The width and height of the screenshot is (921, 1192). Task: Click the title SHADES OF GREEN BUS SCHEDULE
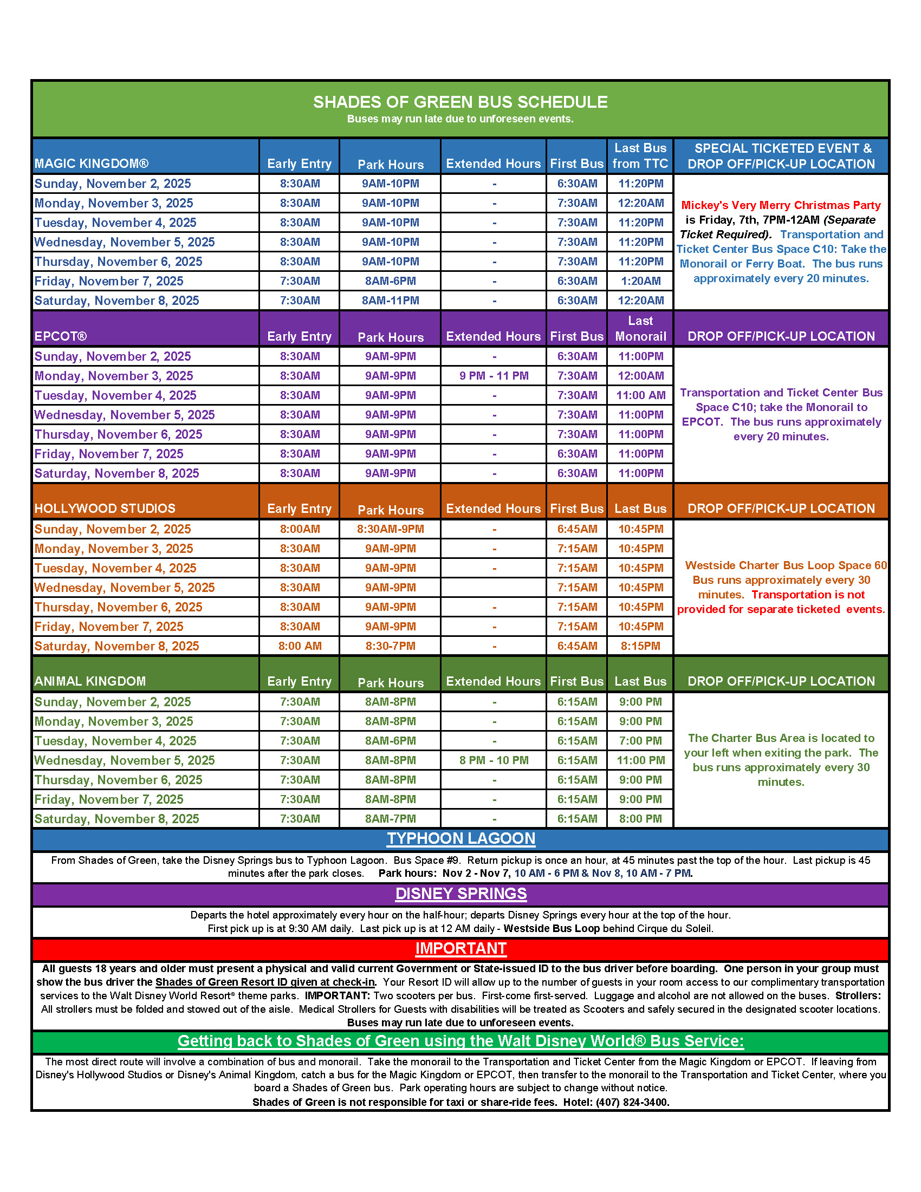click(x=459, y=102)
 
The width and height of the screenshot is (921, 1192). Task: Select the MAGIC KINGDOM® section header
click(x=91, y=164)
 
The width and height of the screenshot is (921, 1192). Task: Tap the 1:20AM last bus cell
click(x=640, y=281)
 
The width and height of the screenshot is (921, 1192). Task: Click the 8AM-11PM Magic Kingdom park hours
click(x=391, y=301)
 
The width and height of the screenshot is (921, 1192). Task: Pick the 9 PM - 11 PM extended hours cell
click(x=494, y=376)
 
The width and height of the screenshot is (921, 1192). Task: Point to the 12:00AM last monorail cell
click(x=640, y=376)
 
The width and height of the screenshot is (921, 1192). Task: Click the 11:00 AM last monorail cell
click(x=640, y=396)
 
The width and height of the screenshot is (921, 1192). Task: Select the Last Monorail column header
click(x=640, y=329)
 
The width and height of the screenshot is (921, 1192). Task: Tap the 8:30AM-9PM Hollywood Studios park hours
click(x=391, y=530)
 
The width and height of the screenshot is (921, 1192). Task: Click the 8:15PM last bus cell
click(x=640, y=646)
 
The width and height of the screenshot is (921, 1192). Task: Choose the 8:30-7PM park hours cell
click(x=391, y=646)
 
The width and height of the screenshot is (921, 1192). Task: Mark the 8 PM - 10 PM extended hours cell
click(x=494, y=760)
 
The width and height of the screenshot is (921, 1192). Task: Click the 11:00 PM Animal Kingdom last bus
click(x=640, y=760)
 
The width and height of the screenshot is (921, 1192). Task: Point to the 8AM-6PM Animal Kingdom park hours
click(x=391, y=741)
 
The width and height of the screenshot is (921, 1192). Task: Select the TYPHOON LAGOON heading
click(x=461, y=839)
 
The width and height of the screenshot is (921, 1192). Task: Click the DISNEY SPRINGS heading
click(x=461, y=894)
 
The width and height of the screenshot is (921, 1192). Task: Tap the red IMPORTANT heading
click(x=461, y=949)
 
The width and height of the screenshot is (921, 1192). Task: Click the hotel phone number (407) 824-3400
click(x=632, y=1102)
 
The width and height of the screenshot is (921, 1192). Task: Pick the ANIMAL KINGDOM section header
click(x=90, y=681)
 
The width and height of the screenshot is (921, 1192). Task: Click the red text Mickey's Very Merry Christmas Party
click(x=781, y=205)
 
